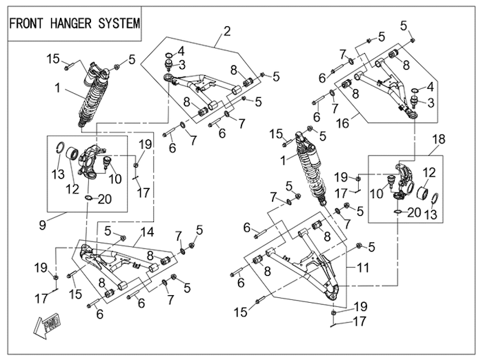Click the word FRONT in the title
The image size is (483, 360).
(27, 22)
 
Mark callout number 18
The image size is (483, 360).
(439, 139)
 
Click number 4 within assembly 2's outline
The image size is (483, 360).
(181, 50)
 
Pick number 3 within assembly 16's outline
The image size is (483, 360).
(431, 102)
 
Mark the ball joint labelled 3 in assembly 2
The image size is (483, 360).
(167, 65)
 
